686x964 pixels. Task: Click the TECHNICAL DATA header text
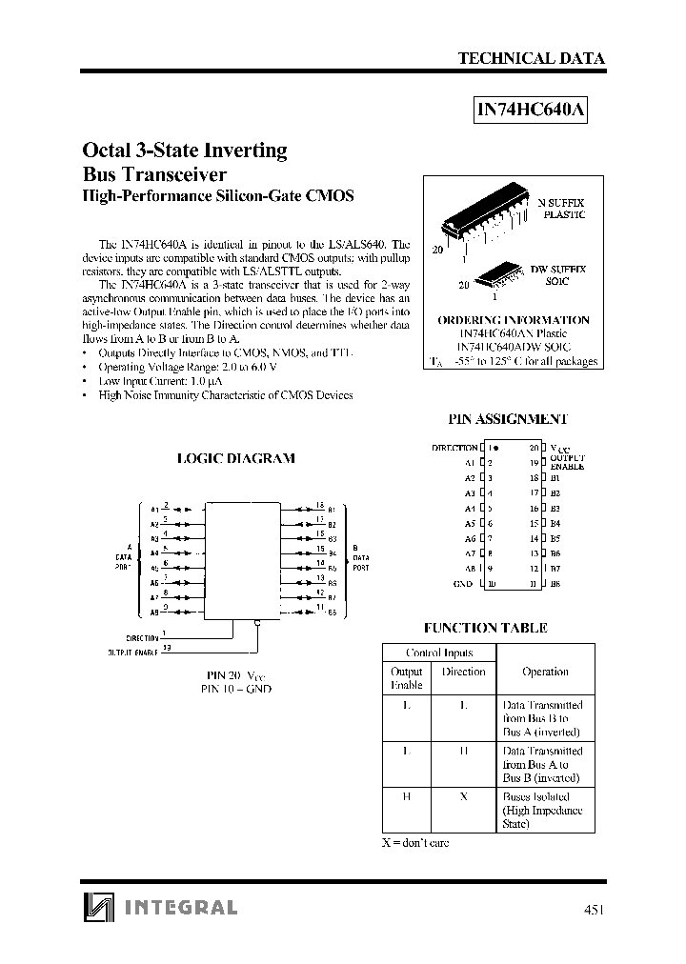(531, 58)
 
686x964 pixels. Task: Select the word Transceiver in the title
(179, 174)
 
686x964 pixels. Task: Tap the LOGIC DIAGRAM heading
(236, 458)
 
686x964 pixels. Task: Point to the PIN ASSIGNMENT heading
(508, 419)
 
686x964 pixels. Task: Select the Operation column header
(545, 672)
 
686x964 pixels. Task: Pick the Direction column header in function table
(463, 672)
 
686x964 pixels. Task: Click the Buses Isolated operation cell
(541, 810)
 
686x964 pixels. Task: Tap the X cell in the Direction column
(463, 796)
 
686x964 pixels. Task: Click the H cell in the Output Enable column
(407, 796)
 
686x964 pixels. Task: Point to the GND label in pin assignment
(463, 584)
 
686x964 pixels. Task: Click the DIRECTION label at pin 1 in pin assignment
(454, 448)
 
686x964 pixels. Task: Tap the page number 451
(593, 909)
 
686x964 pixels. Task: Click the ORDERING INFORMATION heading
(513, 321)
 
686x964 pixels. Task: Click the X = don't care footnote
(415, 843)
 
